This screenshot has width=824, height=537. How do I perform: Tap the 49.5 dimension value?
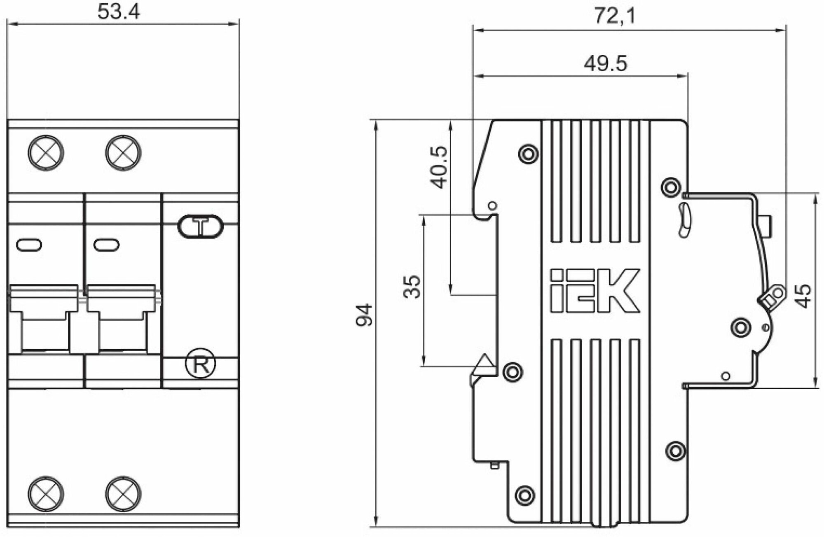tap(605, 64)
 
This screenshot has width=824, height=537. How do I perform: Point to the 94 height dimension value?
tap(364, 315)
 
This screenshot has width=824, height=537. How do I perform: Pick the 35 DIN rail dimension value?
tap(412, 287)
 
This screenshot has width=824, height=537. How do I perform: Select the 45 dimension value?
tap(803, 296)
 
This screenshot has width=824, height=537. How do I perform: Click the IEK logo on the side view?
tap(595, 290)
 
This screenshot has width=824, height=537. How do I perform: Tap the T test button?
tap(201, 226)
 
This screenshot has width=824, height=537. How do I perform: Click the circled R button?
tap(200, 364)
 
